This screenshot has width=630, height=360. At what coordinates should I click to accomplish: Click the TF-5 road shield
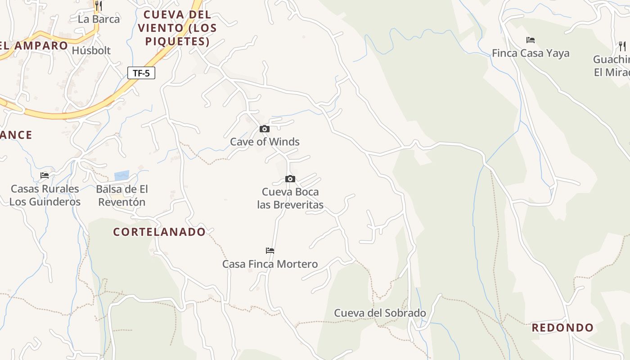point(141,73)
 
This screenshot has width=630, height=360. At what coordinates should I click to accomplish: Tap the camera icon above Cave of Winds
point(265,129)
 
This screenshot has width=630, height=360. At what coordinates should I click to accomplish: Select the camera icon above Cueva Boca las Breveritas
point(290,179)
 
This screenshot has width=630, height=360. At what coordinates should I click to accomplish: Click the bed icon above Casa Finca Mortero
point(270,251)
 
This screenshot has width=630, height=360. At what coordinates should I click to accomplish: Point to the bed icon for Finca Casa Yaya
point(531,40)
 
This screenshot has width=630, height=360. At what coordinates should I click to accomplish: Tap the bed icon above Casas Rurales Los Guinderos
point(45,175)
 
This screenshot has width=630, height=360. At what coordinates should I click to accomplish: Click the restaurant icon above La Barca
point(99,6)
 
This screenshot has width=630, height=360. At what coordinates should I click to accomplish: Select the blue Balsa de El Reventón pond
point(121,175)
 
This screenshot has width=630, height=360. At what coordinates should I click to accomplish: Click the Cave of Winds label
point(265,142)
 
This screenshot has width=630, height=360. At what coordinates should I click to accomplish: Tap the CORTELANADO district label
point(159,232)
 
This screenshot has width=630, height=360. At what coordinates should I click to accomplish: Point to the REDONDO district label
point(562,328)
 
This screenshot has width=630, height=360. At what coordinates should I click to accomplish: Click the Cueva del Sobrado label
point(380,313)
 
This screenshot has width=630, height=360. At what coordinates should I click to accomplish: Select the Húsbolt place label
point(91,50)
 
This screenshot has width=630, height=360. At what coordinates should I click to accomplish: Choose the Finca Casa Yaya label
point(531,53)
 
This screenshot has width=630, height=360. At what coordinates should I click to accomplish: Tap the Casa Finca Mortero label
point(270,264)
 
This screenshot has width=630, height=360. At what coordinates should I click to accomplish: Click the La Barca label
point(99,19)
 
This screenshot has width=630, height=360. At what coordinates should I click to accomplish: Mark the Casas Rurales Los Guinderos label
point(45,195)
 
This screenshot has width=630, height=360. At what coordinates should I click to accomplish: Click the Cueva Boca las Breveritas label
point(290,198)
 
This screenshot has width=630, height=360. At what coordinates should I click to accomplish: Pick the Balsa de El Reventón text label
point(122,195)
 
